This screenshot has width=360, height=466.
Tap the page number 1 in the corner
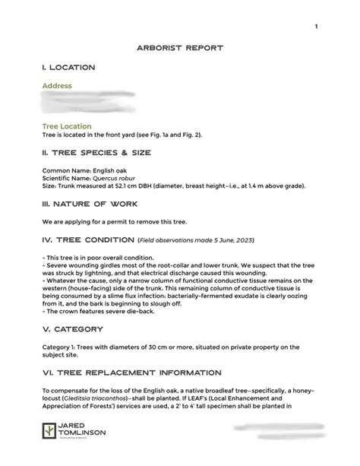tap(314, 27)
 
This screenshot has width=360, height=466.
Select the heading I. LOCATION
tap(68, 68)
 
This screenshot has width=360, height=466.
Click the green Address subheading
tap(57, 86)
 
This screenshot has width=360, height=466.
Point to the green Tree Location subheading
tap(67, 126)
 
